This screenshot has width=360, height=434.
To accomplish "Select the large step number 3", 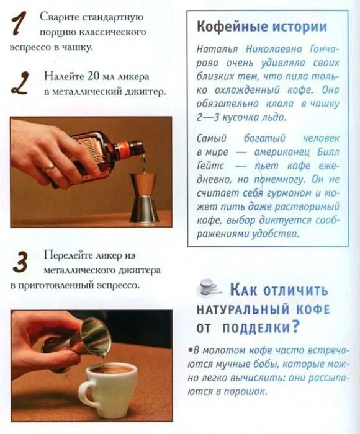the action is [x=20, y=262].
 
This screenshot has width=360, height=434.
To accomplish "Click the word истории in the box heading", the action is [x=300, y=27].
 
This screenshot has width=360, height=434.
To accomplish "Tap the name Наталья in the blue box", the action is [x=217, y=49].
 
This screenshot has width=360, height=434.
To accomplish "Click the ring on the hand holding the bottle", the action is [x=50, y=167].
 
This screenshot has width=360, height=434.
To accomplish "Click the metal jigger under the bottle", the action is [x=144, y=197].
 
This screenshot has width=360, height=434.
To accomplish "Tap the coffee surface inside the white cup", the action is [x=111, y=371].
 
